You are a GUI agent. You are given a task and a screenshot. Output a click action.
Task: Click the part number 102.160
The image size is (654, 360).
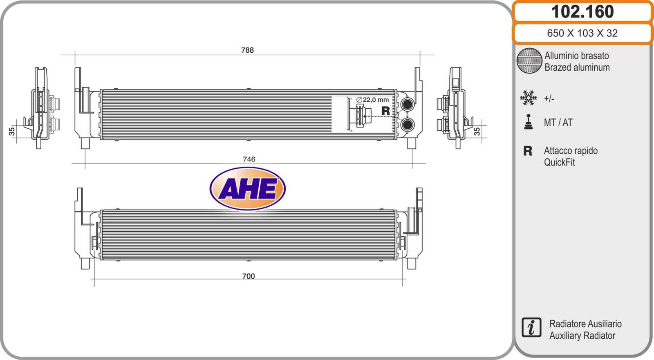pos(582,12)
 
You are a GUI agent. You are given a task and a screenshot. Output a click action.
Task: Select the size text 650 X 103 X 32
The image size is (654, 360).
pos(582,33)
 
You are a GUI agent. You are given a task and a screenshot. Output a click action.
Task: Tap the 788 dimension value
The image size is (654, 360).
pos(247,50)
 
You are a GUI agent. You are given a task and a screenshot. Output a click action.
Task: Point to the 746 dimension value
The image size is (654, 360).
pos(249,159)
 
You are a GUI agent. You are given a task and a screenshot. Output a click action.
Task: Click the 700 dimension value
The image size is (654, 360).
pos(249,276)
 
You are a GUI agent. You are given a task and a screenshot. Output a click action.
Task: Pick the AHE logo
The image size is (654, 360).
pos(248,189)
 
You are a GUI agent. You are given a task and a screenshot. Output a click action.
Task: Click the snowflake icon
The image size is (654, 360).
pos(528,98)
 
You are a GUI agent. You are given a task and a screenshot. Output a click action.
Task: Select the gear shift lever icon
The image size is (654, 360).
pos(529,122)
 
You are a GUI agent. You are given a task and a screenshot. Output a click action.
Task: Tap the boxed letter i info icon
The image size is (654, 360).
pos(531,327)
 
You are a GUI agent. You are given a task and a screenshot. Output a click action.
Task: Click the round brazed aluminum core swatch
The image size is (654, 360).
pos(529,61)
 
